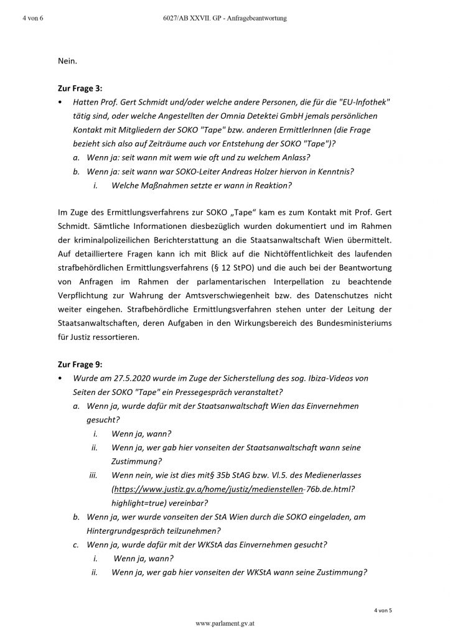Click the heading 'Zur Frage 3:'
click(81, 89)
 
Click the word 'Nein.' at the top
click(68, 61)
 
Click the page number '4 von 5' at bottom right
click(383, 610)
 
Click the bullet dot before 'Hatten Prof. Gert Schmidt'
click(59, 102)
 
